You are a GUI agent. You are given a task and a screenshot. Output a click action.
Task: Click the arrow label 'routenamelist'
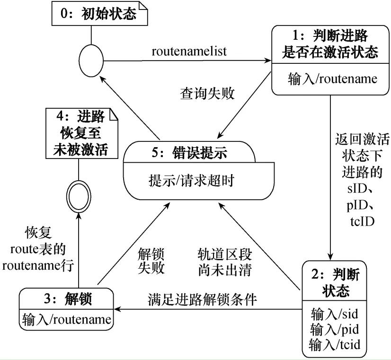(x=189, y=51)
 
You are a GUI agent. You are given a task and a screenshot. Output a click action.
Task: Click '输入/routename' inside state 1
(x=329, y=78)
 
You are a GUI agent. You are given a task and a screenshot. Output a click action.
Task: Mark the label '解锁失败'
(x=151, y=261)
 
